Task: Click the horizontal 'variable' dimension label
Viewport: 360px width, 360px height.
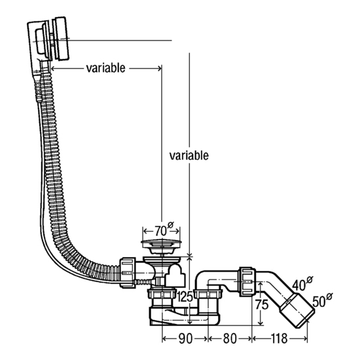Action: click(x=106, y=68)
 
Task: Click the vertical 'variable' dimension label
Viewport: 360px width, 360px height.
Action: click(x=189, y=155)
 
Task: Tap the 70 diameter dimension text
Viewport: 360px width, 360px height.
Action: click(x=163, y=230)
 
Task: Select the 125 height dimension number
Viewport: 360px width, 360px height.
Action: click(x=185, y=297)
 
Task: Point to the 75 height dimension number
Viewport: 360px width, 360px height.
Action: click(x=262, y=305)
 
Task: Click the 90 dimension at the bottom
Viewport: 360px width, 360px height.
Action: click(x=185, y=338)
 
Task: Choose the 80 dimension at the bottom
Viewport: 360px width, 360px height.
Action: click(x=230, y=338)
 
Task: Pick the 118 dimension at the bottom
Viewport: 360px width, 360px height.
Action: click(x=279, y=338)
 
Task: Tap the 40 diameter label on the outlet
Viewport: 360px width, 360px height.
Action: click(x=302, y=284)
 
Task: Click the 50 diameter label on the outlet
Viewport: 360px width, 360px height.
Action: click(x=322, y=300)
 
